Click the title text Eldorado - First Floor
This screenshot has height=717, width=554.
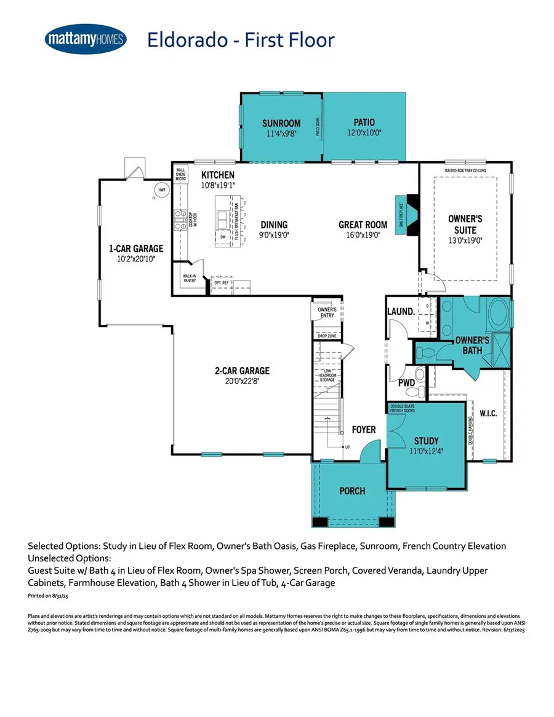point(241,40)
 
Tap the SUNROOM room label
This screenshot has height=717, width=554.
point(281,123)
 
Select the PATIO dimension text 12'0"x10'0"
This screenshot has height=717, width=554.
point(364,132)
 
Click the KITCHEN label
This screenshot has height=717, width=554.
point(218,175)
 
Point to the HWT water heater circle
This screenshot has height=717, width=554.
point(161,190)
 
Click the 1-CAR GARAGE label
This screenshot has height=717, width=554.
point(136,249)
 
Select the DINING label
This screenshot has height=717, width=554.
point(274,225)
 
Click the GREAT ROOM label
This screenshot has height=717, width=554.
point(363,225)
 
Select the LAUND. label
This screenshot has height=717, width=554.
point(401,312)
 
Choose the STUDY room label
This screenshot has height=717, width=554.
point(425,441)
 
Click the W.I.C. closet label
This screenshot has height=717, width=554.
point(488,412)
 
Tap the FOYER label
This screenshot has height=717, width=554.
point(364,429)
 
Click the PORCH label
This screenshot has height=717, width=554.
point(352,491)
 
